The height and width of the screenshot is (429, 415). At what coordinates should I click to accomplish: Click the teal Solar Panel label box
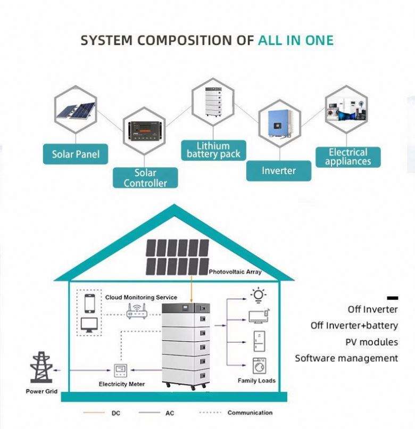tap(75, 154)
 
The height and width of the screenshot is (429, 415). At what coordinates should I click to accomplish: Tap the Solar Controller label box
tap(145, 178)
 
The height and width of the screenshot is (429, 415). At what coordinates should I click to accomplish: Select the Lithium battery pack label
tap(213, 150)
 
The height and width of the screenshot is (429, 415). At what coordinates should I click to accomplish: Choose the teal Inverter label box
tap(278, 170)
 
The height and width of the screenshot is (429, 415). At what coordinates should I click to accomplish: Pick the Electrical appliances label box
tap(347, 157)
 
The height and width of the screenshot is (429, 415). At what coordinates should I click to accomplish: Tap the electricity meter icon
tap(121, 370)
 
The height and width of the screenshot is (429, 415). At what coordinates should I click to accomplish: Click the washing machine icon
tap(259, 366)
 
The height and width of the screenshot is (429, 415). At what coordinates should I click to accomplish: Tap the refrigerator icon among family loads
tap(259, 341)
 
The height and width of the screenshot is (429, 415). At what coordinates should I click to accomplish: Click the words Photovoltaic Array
tap(235, 272)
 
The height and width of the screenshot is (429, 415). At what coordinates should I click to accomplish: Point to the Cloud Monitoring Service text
tap(141, 297)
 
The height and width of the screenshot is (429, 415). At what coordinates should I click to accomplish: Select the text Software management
tap(346, 358)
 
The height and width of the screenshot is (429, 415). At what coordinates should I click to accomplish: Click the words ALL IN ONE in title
tap(296, 40)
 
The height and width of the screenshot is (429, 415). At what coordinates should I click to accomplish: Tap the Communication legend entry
tap(249, 412)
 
